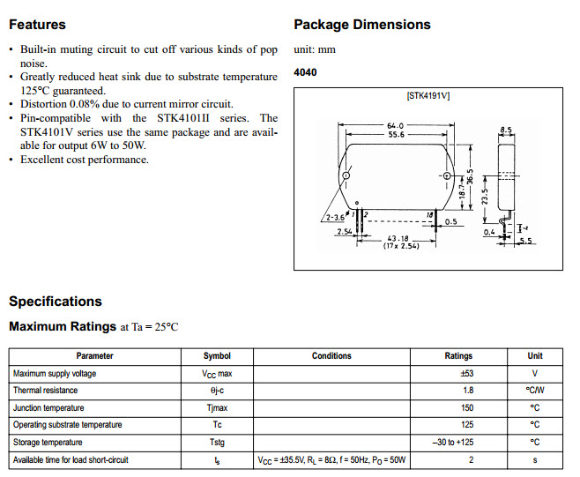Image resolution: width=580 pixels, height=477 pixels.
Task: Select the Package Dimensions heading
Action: pyautogui.click(x=361, y=24)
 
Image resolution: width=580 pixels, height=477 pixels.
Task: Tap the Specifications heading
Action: pyautogui.click(x=56, y=302)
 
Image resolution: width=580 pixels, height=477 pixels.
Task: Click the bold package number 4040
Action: pyautogui.click(x=305, y=73)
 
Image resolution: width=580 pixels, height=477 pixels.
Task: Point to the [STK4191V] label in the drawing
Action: pyautogui.click(x=428, y=95)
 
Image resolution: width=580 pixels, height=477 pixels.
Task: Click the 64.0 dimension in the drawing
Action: pyautogui.click(x=396, y=126)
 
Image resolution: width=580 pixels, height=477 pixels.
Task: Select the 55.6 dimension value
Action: pyautogui.click(x=396, y=135)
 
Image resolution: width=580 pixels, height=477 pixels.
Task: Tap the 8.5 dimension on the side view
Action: pyautogui.click(x=506, y=130)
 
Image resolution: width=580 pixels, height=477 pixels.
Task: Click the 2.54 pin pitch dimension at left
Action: pyautogui.click(x=346, y=232)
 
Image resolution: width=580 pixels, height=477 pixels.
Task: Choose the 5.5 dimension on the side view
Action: pyautogui.click(x=527, y=241)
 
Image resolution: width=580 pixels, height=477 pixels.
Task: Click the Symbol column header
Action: pyautogui.click(x=217, y=356)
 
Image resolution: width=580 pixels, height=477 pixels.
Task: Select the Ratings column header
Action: pyautogui.click(x=458, y=356)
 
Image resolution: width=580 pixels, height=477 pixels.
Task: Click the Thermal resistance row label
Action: pyautogui.click(x=45, y=391)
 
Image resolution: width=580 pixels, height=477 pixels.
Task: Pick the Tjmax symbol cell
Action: pyautogui.click(x=217, y=408)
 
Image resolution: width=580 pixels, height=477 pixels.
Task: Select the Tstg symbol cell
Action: pyautogui.click(x=217, y=443)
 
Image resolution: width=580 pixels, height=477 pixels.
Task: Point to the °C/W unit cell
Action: pyautogui.click(x=535, y=391)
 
